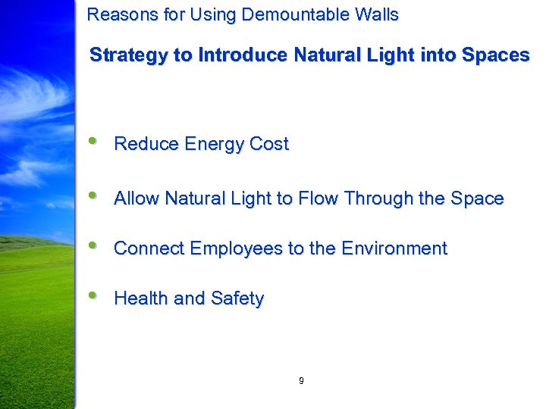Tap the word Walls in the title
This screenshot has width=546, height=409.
point(378,14)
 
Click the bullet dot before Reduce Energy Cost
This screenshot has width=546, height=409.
point(93,140)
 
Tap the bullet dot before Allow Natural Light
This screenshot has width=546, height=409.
point(93,195)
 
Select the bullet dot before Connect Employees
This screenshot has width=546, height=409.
point(93,245)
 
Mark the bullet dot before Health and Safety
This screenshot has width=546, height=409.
point(93,295)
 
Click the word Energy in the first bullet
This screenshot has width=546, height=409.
point(207,145)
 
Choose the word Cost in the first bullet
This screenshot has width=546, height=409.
point(270,144)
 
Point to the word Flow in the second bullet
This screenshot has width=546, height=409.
point(318,198)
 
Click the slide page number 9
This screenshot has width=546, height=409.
point(301,381)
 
